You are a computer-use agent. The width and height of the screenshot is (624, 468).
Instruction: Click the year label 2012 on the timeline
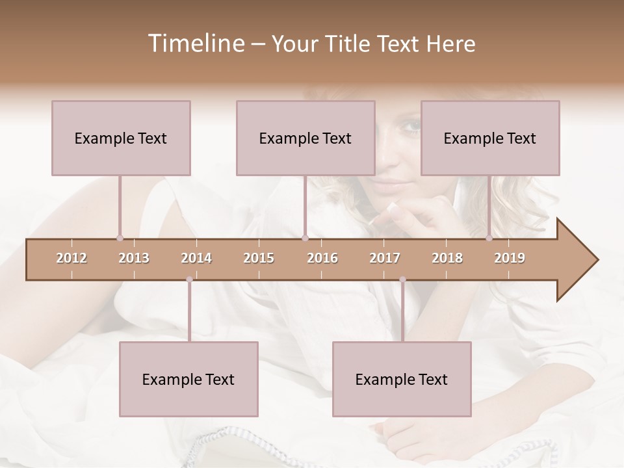click(71, 258)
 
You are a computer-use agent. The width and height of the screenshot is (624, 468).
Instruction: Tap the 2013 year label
click(134, 258)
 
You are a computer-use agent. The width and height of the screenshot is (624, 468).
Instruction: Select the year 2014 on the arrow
click(196, 258)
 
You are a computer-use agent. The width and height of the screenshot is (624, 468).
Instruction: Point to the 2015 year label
click(259, 258)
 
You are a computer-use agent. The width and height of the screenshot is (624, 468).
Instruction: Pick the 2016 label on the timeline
click(322, 258)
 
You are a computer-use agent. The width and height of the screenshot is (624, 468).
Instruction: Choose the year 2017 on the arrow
click(385, 258)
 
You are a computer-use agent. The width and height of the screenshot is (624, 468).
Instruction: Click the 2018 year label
click(447, 258)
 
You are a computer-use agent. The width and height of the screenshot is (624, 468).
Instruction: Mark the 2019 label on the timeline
click(510, 258)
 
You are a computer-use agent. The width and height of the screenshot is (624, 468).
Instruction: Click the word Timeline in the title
click(195, 44)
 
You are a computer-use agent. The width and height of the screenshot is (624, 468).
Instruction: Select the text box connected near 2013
click(121, 138)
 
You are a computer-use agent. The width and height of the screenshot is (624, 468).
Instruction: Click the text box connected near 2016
click(305, 138)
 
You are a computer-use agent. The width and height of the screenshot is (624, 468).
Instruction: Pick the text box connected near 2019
click(490, 138)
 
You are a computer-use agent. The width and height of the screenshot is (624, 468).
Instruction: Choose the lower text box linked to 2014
click(188, 379)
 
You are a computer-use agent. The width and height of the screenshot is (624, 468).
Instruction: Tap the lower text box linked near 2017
click(402, 379)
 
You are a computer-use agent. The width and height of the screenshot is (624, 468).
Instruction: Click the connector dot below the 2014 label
click(189, 279)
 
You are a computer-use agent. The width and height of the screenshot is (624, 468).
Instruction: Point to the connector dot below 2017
click(402, 279)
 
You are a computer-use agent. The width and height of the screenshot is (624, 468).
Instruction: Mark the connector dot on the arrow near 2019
click(489, 238)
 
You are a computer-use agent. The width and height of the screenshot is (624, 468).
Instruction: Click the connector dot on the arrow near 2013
click(120, 238)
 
